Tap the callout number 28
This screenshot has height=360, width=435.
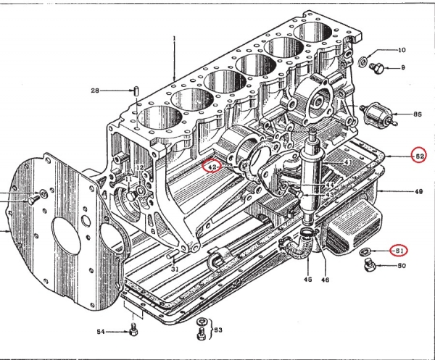(x=94, y=91)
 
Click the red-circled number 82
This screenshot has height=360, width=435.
(x=418, y=156)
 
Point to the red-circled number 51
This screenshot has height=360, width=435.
(x=397, y=251)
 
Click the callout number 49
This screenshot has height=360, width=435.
(x=398, y=192)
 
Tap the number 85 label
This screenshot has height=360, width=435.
(x=418, y=114)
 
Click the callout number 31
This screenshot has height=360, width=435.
(x=175, y=269)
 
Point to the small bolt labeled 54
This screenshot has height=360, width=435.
(x=132, y=332)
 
